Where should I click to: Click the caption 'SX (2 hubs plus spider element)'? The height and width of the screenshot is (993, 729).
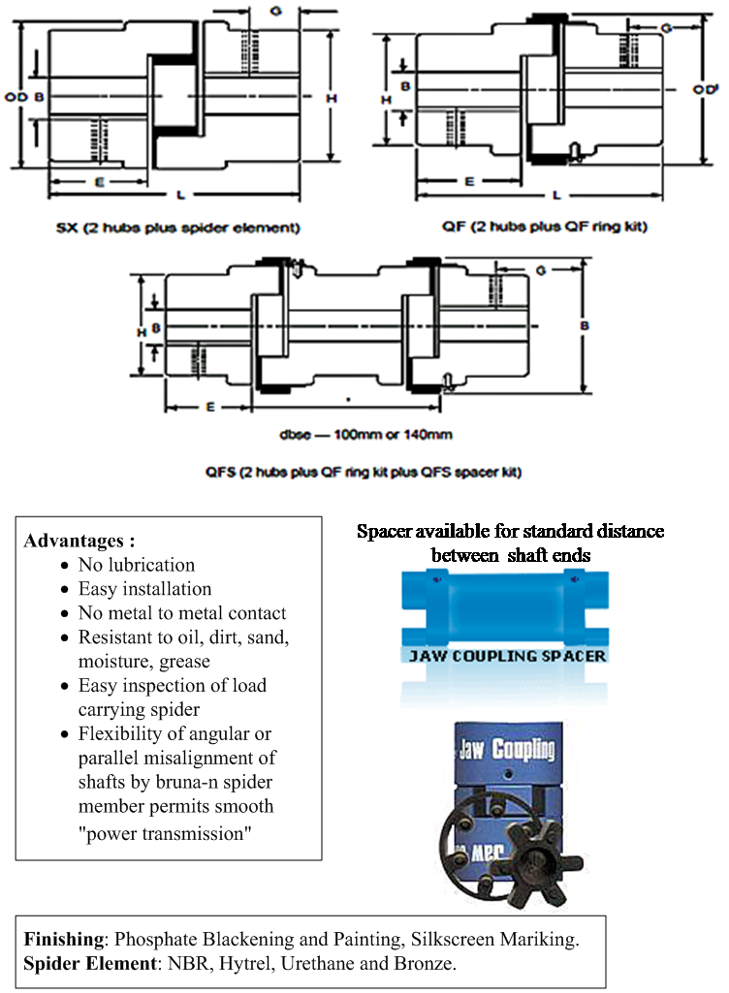pyautogui.click(x=177, y=228)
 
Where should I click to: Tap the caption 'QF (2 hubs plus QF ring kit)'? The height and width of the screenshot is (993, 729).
pyautogui.click(x=545, y=226)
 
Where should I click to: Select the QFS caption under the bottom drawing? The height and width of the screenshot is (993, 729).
pyautogui.click(x=364, y=472)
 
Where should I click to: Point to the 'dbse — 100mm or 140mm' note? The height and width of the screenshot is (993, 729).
pyautogui.click(x=365, y=434)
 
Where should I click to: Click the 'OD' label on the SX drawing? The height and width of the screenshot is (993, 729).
pyautogui.click(x=16, y=97)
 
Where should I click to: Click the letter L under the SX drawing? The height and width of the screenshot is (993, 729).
pyautogui.click(x=180, y=195)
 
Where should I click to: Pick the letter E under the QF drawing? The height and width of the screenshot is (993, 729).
pyautogui.click(x=469, y=182)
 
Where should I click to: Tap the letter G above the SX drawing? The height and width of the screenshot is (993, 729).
pyautogui.click(x=275, y=11)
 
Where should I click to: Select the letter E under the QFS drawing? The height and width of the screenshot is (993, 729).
pyautogui.click(x=210, y=407)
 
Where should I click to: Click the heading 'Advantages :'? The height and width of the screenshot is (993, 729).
pyautogui.click(x=79, y=541)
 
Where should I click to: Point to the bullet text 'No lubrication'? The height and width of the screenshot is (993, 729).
pyautogui.click(x=137, y=565)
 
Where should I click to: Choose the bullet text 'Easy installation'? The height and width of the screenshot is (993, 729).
pyautogui.click(x=144, y=589)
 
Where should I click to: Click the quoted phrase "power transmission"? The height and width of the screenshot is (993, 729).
pyautogui.click(x=165, y=833)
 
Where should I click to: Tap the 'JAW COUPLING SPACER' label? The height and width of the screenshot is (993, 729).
pyautogui.click(x=507, y=656)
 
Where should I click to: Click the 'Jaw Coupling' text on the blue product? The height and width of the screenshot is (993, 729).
pyautogui.click(x=506, y=749)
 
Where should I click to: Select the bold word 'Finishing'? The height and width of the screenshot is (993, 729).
pyautogui.click(x=64, y=939)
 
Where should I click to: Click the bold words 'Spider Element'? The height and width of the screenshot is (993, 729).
pyautogui.click(x=90, y=963)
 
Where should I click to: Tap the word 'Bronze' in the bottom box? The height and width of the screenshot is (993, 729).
pyautogui.click(x=423, y=963)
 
